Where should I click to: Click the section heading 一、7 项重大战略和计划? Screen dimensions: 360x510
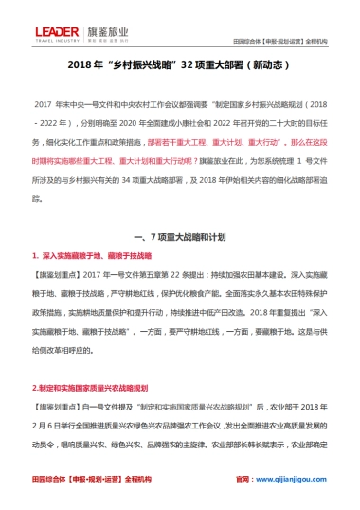click(180, 232)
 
